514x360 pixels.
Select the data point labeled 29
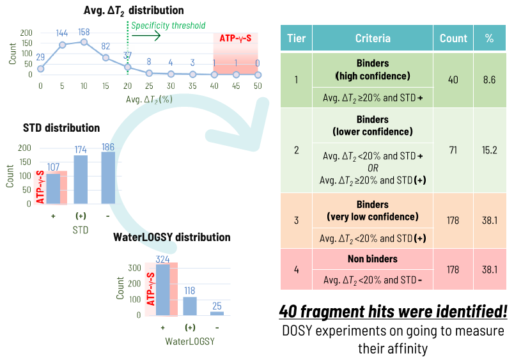pyautogui.click(x=41, y=68)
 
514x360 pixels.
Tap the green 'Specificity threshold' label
pyautogui.click(x=169, y=26)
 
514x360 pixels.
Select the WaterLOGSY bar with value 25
pyautogui.click(x=217, y=313)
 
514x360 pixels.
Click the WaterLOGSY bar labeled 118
pyautogui.click(x=190, y=306)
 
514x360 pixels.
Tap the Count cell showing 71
pyautogui.click(x=453, y=149)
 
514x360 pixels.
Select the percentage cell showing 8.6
pyautogui.click(x=489, y=80)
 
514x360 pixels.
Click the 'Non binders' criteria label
pyautogui.click(x=372, y=259)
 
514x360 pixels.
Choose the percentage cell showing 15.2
pyautogui.click(x=489, y=149)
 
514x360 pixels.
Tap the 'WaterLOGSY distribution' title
pyautogui.click(x=181, y=237)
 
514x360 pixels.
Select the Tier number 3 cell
pyautogui.click(x=296, y=221)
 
